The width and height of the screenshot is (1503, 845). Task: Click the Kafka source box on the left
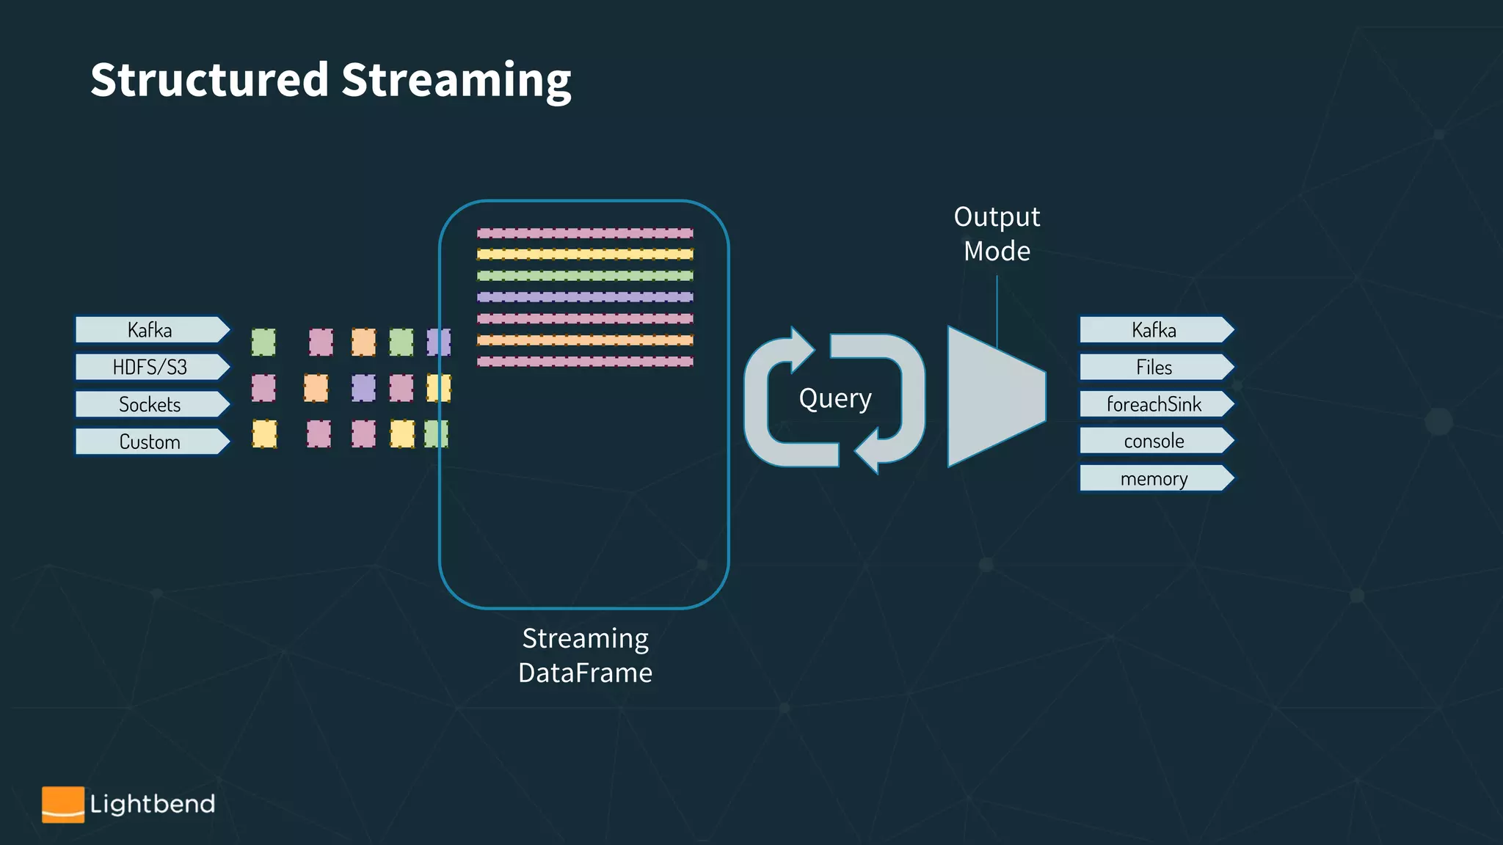pyautogui.click(x=150, y=330)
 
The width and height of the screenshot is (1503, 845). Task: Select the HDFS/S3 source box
pyautogui.click(x=150, y=367)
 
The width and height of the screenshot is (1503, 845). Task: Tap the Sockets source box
pyautogui.click(x=150, y=404)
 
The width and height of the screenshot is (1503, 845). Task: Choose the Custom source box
pyautogui.click(x=150, y=442)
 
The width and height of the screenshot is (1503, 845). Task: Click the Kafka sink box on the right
pyautogui.click(x=1154, y=330)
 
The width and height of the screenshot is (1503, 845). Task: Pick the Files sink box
pyautogui.click(x=1154, y=367)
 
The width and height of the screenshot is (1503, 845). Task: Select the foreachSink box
pyautogui.click(x=1154, y=404)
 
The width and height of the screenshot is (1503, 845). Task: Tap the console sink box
pyautogui.click(x=1154, y=441)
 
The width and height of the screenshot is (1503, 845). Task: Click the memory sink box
pyautogui.click(x=1154, y=478)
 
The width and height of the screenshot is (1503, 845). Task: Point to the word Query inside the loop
pyautogui.click(x=835, y=399)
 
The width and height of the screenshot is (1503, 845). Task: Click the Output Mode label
pyautogui.click(x=997, y=234)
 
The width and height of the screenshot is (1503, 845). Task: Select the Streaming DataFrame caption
pyautogui.click(x=585, y=655)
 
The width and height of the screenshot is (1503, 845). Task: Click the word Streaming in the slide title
pyautogui.click(x=456, y=81)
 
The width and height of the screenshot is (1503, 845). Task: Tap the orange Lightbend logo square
pyautogui.click(x=63, y=804)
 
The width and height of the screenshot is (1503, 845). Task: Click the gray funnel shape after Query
pyautogui.click(x=991, y=397)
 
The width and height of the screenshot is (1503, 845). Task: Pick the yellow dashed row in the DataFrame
pyautogui.click(x=585, y=255)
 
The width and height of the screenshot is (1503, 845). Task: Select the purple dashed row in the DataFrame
pyautogui.click(x=585, y=297)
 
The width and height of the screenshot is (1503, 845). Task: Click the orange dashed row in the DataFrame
pyautogui.click(x=585, y=340)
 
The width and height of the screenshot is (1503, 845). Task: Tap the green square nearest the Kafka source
pyautogui.click(x=263, y=342)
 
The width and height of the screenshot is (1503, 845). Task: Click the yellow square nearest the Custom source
pyautogui.click(x=264, y=434)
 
